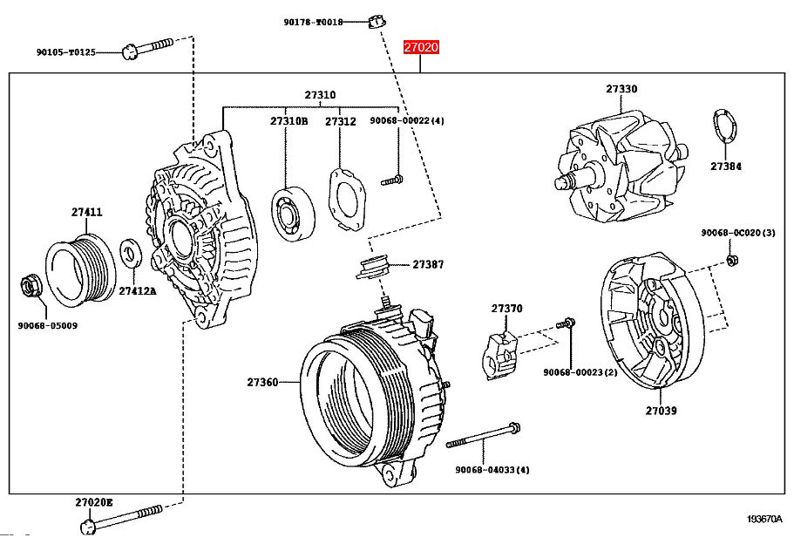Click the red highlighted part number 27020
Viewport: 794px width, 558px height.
[420, 48]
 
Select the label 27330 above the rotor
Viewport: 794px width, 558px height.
[621, 89]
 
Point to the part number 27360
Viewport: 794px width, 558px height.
[262, 382]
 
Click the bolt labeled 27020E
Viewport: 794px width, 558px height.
[122, 516]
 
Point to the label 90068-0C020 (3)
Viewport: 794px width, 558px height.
[737, 233]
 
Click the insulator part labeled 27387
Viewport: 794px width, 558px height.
[375, 265]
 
